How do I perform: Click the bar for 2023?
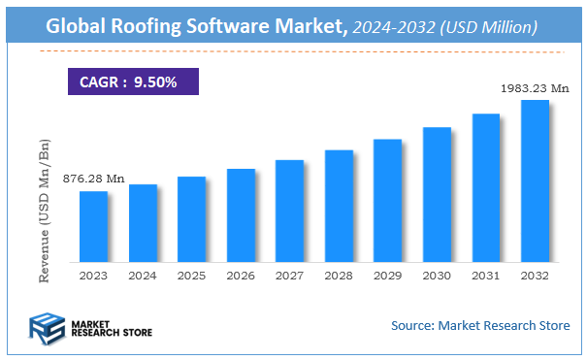(93, 226)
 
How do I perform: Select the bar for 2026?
(241, 215)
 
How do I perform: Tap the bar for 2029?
(387, 200)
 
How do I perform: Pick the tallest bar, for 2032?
(535, 181)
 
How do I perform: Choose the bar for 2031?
(485, 187)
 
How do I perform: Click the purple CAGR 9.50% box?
(133, 82)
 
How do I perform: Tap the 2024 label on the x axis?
(143, 275)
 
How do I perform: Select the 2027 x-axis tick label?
(289, 275)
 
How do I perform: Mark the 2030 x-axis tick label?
(437, 275)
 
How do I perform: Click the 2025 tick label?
(191, 275)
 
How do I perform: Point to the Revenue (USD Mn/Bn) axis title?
(45, 210)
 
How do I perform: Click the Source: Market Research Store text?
(480, 325)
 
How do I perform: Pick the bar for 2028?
(339, 206)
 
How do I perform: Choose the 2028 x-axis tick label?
(339, 275)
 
